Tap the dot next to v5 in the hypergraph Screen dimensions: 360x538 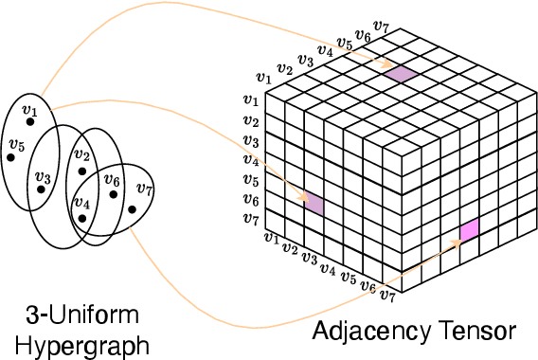11,157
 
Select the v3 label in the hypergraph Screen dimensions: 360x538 42,176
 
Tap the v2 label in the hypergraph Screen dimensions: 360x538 81,155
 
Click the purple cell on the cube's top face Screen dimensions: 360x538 401,74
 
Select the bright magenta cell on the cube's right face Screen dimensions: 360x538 469,230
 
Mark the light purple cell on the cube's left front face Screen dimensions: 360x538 314,203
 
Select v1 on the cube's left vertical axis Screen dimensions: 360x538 251,99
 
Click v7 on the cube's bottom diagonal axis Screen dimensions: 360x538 387,296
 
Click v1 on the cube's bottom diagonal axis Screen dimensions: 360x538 272,238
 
